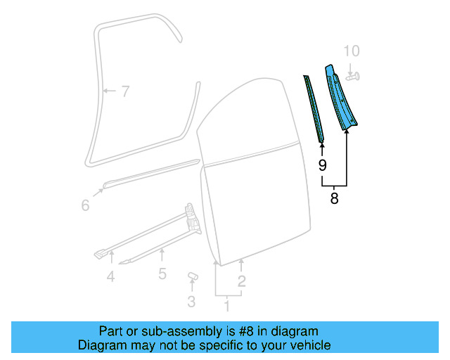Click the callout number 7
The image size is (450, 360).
click(x=124, y=91)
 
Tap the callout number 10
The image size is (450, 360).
click(x=352, y=51)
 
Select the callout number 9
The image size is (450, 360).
click(x=322, y=166)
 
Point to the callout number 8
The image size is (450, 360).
click(x=334, y=199)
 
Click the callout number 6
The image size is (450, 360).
click(x=85, y=205)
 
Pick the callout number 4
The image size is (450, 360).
click(x=110, y=277)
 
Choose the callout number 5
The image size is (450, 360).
click(x=162, y=274)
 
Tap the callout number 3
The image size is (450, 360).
click(x=191, y=303)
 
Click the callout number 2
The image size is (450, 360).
click(x=241, y=282)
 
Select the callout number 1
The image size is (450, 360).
click(x=226, y=306)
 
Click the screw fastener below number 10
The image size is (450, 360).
click(x=353, y=75)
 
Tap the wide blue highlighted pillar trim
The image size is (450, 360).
click(x=340, y=98)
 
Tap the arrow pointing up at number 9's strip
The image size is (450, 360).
click(x=322, y=147)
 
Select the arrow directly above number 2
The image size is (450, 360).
click(x=241, y=265)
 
